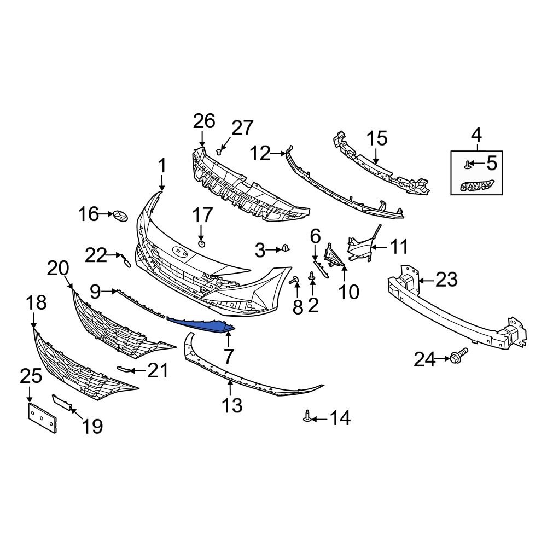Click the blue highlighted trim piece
[x=202, y=325]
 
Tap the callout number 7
[x=228, y=357]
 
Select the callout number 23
[x=446, y=281]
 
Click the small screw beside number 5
[x=468, y=163]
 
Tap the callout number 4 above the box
[x=476, y=134]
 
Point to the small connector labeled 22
[x=125, y=262]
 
